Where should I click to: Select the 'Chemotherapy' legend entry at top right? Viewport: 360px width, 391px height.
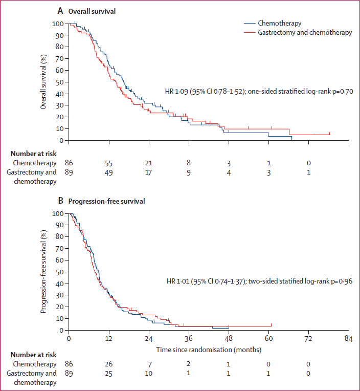point(279,23)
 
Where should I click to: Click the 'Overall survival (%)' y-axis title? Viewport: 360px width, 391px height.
point(44,82)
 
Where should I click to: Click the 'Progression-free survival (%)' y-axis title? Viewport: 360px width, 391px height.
point(44,272)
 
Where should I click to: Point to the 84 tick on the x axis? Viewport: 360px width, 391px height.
point(348,339)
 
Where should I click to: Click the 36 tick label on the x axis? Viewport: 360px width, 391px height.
point(189,339)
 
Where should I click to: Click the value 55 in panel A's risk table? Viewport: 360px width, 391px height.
point(109,163)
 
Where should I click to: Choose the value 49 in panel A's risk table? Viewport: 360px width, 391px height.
point(109,172)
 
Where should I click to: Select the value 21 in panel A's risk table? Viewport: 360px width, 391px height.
point(149,163)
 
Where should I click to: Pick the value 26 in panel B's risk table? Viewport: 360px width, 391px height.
point(109,364)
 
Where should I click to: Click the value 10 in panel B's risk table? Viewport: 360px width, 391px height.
point(149,374)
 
